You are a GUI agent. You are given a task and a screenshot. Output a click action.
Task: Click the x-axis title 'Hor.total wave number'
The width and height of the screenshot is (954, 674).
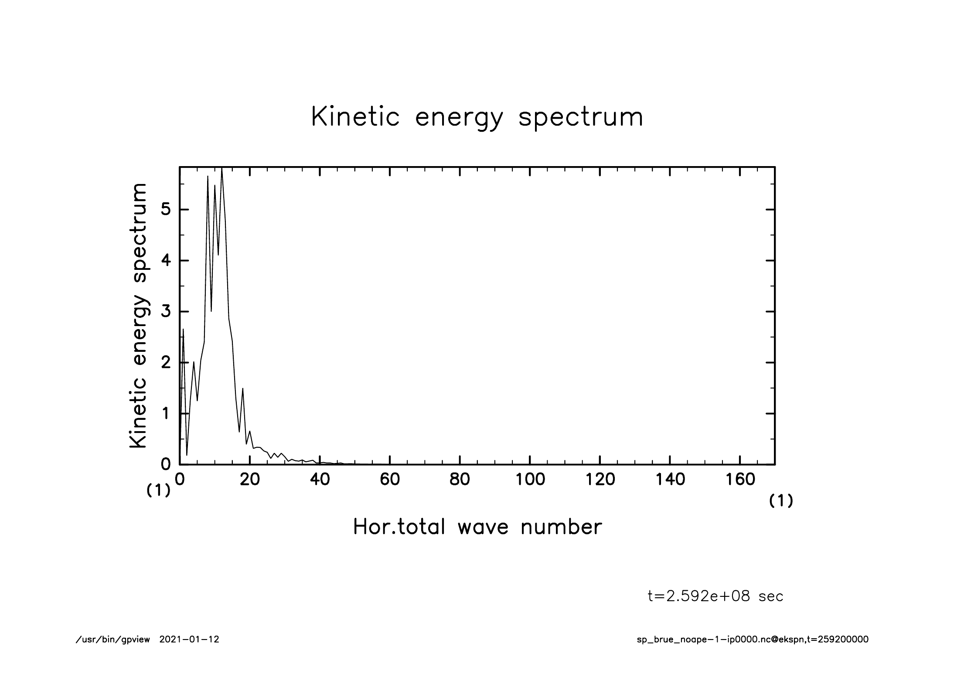(x=477, y=527)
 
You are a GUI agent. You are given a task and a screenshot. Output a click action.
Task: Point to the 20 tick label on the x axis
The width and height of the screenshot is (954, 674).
(x=250, y=480)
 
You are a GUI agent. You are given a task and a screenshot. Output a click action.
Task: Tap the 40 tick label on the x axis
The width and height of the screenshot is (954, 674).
(x=320, y=480)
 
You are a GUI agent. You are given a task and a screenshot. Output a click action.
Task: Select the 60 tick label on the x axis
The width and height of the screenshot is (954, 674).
(x=390, y=480)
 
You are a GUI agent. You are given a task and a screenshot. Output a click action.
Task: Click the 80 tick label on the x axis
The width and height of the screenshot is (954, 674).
(x=460, y=480)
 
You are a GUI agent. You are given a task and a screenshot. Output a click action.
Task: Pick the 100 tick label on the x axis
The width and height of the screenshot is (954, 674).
(x=530, y=480)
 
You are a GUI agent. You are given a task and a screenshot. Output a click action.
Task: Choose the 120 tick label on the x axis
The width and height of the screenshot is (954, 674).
(x=600, y=480)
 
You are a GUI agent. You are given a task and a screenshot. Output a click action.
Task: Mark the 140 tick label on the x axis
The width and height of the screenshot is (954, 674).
(x=670, y=480)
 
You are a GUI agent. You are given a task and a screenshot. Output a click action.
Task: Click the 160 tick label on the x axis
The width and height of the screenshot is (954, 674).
(x=740, y=480)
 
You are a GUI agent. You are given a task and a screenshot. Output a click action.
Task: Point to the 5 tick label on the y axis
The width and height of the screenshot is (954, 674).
(x=166, y=210)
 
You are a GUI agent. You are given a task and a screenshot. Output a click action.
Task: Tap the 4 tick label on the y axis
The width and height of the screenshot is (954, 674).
(x=166, y=261)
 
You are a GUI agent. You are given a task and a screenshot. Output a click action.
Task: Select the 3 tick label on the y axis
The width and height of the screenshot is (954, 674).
(x=166, y=312)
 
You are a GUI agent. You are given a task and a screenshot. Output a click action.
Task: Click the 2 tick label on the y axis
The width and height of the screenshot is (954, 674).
(x=166, y=363)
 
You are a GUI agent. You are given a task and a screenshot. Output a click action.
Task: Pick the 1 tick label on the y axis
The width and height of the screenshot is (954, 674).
(x=166, y=413)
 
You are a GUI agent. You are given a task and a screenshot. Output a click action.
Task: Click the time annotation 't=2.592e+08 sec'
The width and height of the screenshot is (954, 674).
(x=715, y=596)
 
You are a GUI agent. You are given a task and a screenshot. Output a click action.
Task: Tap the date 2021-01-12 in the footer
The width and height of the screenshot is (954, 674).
(x=189, y=640)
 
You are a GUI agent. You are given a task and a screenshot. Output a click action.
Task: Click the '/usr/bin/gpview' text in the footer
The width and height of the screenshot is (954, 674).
(x=113, y=640)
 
